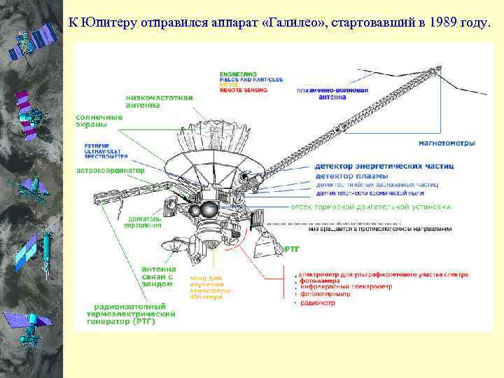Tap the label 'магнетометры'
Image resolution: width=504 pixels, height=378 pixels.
tap(447, 143)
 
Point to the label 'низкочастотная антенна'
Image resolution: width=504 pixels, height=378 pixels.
tap(159, 101)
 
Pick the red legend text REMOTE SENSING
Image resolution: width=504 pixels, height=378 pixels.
tap(242, 90)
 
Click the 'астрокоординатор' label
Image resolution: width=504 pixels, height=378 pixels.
tap(110, 170)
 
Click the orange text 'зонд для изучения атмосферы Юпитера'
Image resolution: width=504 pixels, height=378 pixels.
tap(206, 287)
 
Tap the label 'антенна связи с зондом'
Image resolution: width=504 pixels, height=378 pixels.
tap(159, 278)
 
